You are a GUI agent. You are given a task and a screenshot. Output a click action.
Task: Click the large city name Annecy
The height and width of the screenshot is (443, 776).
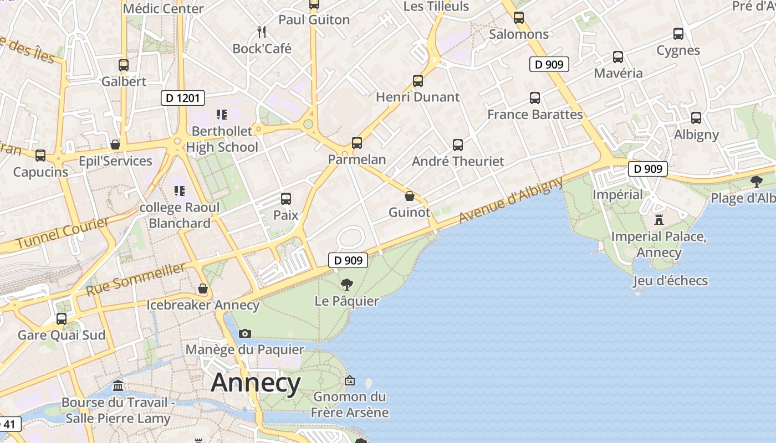[256, 383]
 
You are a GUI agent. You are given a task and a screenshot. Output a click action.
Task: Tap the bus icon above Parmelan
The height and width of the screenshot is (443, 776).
[357, 143]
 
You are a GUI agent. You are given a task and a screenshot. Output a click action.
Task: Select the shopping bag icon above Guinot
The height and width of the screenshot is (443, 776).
[410, 196]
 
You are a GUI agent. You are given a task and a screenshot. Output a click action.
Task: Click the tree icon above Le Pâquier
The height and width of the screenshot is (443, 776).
[347, 285]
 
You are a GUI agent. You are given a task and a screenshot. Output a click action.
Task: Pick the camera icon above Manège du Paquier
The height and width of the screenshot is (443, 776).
[244, 333]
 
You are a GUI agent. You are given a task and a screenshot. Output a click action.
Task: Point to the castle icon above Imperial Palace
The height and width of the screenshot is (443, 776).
[658, 220]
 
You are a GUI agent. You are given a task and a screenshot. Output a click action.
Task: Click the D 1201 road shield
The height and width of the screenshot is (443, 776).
[183, 98]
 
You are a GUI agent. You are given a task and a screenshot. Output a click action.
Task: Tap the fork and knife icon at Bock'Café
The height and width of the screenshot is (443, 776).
[262, 32]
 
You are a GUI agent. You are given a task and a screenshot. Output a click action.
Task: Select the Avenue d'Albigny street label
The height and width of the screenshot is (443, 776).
[511, 200]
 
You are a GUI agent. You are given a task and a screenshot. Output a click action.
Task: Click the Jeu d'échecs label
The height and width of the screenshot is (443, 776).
[671, 281]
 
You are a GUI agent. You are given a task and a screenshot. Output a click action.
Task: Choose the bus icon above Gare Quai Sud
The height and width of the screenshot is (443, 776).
[62, 319]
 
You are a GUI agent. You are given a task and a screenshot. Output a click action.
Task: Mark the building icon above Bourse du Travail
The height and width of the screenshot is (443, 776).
[118, 386]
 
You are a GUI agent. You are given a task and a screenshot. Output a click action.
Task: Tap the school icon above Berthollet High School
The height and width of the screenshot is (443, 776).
[222, 115]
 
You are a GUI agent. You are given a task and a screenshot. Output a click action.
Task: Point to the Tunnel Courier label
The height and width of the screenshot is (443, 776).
[63, 233]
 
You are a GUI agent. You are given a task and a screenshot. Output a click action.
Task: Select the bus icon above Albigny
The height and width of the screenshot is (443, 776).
[696, 118]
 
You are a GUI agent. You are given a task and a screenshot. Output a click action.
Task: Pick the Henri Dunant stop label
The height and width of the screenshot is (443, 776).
[418, 97]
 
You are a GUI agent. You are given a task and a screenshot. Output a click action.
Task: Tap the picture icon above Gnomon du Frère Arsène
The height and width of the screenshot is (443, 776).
[349, 380]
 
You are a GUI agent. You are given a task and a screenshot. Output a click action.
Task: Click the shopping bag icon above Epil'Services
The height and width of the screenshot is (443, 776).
[115, 145]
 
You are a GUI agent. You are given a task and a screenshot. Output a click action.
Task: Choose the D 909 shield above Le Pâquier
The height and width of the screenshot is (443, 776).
[348, 260]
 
